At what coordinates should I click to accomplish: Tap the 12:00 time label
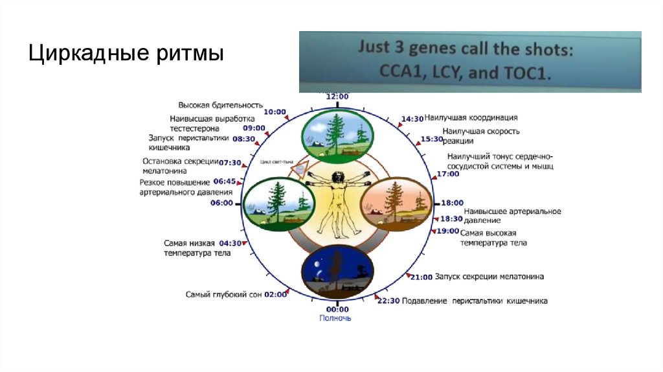[337, 97]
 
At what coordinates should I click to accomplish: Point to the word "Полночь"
[335, 318]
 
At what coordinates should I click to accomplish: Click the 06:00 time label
[222, 203]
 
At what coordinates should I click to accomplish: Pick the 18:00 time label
[453, 203]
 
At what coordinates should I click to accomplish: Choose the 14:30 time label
[412, 119]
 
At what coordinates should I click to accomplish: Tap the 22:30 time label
[388, 301]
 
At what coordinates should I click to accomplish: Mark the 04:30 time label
[230, 244]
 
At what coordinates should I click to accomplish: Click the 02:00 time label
[276, 294]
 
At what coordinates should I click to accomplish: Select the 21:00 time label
[421, 277]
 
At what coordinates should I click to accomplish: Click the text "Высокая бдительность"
[220, 105]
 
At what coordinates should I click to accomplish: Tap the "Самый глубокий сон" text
[223, 294]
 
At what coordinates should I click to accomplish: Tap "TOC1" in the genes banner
[525, 73]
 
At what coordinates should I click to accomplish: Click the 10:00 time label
[275, 111]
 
